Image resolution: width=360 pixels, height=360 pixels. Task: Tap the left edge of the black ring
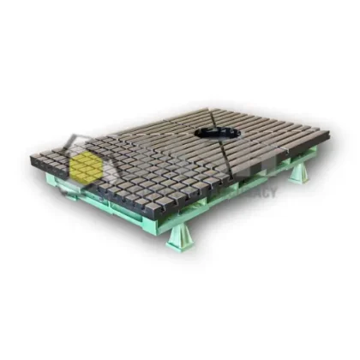pyautogui.click(x=196, y=135)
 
